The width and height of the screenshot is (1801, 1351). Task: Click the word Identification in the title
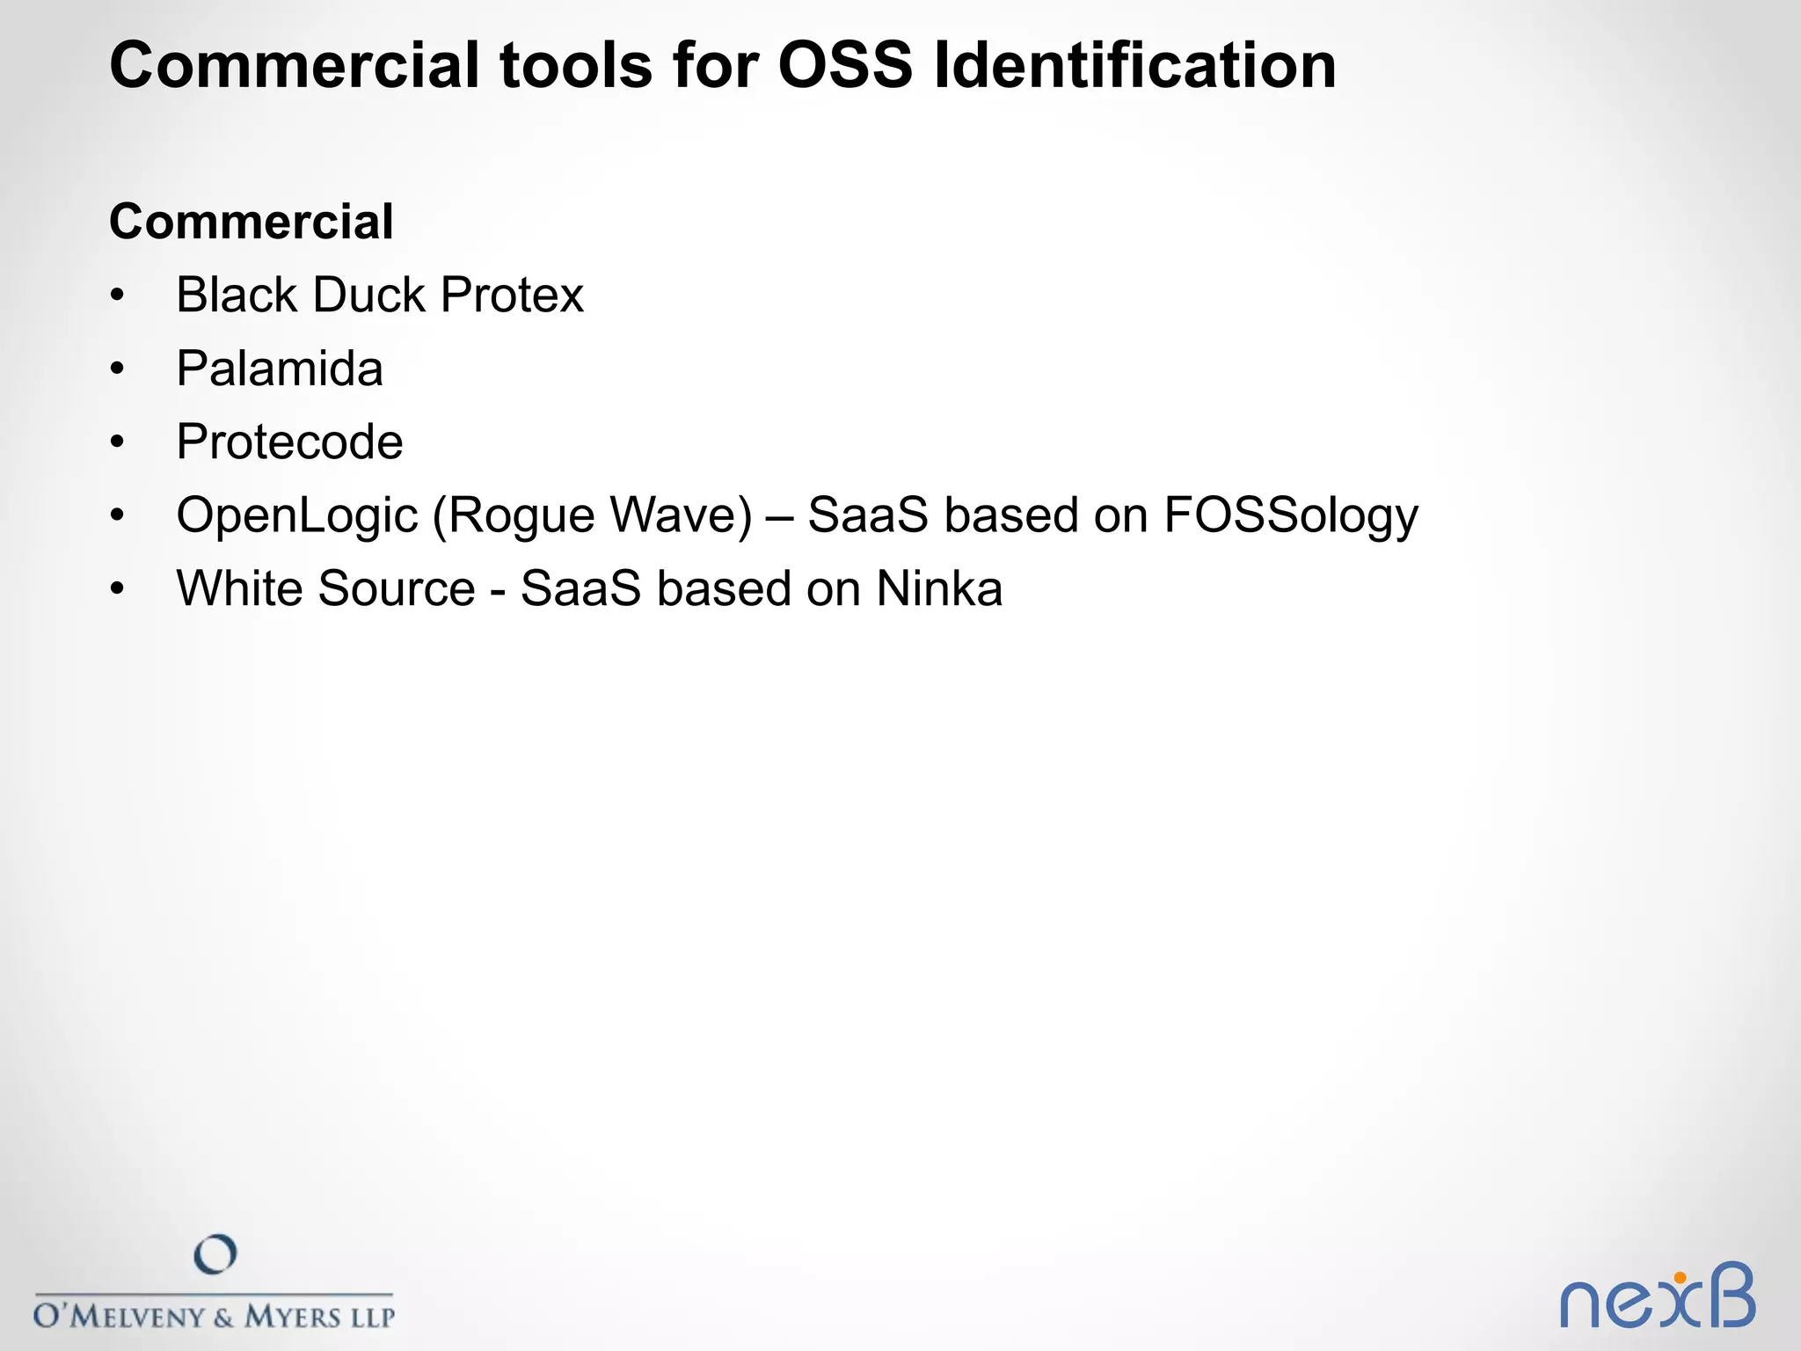click(1134, 65)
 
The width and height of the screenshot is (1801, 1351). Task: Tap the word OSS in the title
click(845, 65)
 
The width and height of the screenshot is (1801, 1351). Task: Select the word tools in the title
click(576, 65)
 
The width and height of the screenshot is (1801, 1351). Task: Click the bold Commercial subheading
click(252, 221)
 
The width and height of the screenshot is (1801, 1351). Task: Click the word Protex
click(512, 295)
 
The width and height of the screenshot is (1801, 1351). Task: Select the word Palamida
click(280, 369)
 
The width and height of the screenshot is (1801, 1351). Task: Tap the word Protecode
click(289, 442)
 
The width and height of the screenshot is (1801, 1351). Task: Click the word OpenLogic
click(296, 515)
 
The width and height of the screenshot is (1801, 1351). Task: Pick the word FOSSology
click(1290, 515)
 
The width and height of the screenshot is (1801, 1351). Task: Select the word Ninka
click(939, 588)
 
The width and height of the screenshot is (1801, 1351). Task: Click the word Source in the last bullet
click(397, 588)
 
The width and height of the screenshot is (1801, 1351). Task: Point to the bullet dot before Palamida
click(118, 370)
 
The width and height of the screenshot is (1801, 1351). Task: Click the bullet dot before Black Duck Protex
click(118, 296)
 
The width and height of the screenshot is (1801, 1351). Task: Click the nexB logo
click(1657, 1296)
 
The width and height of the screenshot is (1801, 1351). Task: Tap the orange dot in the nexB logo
click(1680, 1277)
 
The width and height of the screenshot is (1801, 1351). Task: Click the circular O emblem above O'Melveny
click(215, 1254)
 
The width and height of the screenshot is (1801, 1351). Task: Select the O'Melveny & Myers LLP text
click(214, 1316)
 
